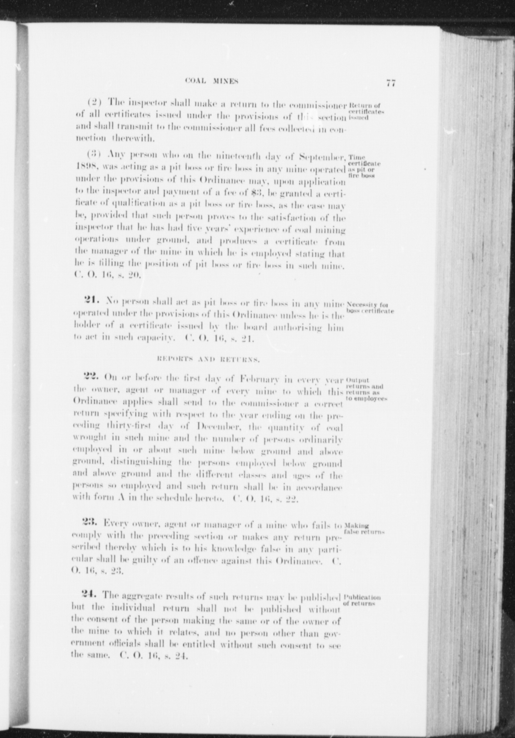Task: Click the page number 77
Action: pyautogui.click(x=390, y=83)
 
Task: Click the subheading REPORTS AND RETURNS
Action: pyautogui.click(x=208, y=360)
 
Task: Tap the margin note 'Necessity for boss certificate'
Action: pyautogui.click(x=370, y=308)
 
